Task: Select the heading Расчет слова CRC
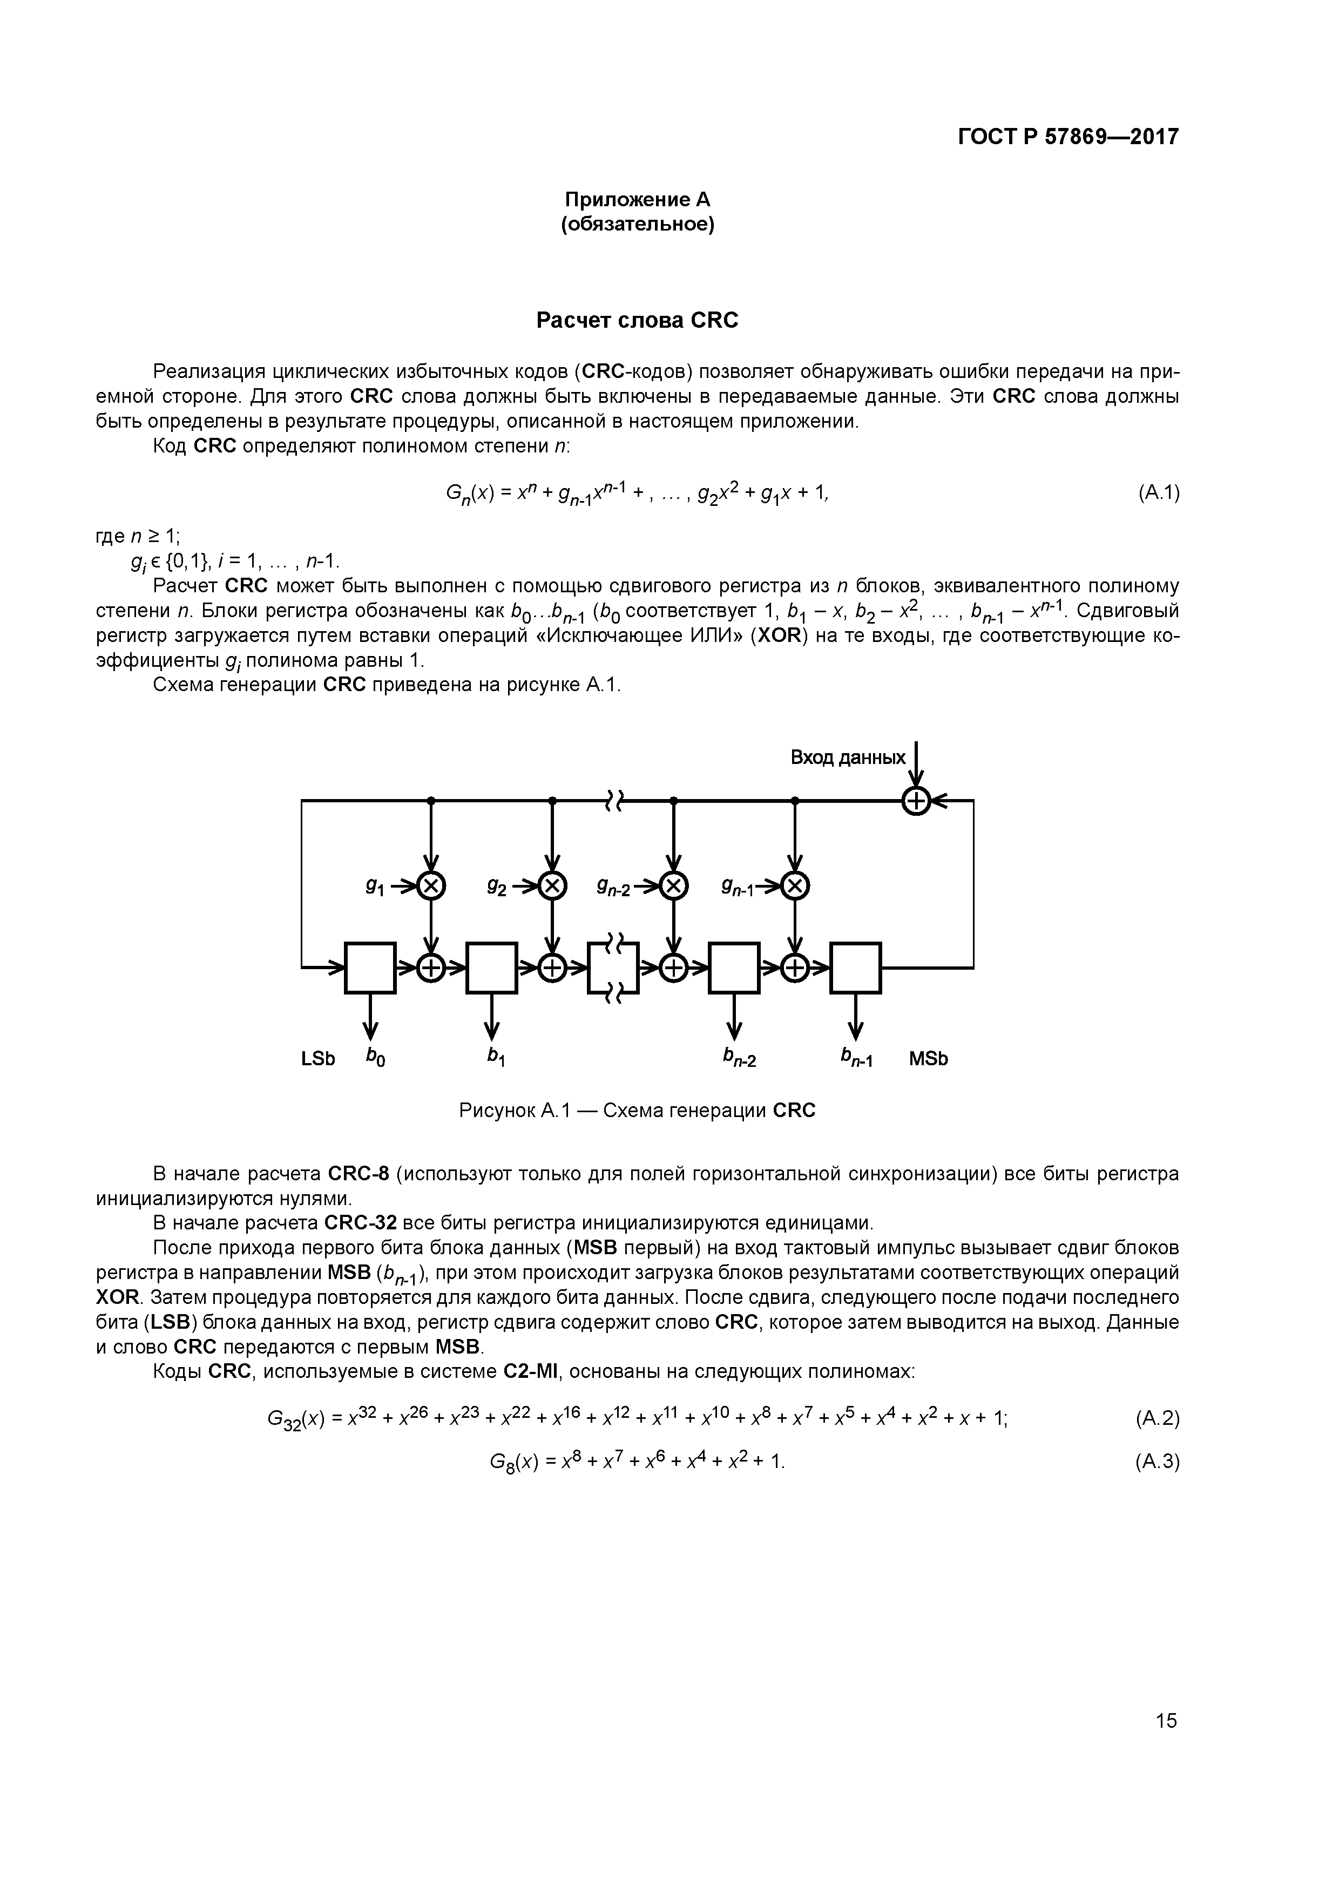tap(637, 320)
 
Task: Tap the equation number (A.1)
tap(1158, 492)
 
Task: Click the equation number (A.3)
tap(1158, 1462)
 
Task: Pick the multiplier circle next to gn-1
tap(795, 887)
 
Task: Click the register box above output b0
tap(370, 967)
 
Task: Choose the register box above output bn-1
tap(856, 967)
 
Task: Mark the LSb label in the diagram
tap(319, 1058)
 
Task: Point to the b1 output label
tap(495, 1057)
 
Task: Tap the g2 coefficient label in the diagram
tap(497, 887)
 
